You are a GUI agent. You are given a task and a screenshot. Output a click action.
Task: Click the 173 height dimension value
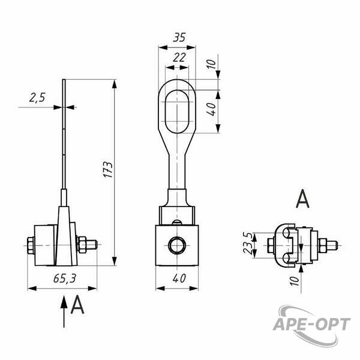pos(108,169)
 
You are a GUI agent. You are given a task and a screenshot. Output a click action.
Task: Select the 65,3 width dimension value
pos(65,278)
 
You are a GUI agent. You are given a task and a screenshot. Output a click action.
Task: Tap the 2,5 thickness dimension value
pos(37,97)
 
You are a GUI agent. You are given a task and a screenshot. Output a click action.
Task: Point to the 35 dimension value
pos(179,37)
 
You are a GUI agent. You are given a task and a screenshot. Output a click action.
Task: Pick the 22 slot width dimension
pos(179,58)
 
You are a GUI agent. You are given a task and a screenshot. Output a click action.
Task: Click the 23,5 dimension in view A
pos(248,243)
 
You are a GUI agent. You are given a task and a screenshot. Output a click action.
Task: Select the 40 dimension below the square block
pos(179,278)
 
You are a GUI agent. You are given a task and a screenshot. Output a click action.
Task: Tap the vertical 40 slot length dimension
pos(211,109)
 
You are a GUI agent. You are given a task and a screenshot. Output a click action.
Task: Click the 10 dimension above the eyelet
pos(211,64)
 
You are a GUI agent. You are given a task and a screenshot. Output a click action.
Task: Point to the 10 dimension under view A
pos(294,281)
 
